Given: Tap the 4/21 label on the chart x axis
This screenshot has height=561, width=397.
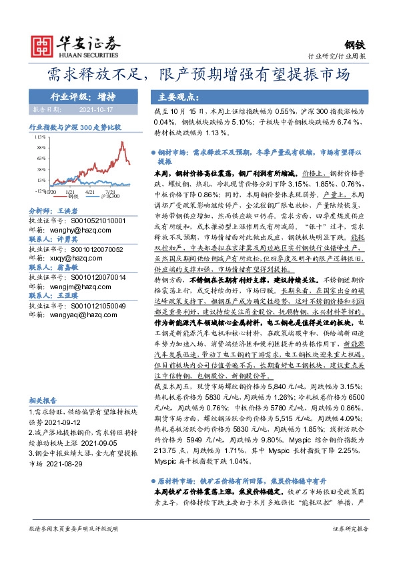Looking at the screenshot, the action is (x=91, y=190).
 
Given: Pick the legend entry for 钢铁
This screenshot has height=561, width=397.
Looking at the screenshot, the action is (x=73, y=197).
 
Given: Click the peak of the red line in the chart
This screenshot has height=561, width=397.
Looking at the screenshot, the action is (x=121, y=142).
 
